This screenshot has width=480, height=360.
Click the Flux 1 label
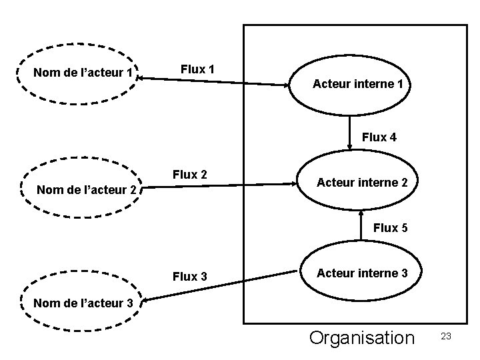pyautogui.click(x=197, y=69)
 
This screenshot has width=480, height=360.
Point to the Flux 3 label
pyautogui.click(x=189, y=276)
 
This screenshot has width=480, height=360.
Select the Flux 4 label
pyautogui.click(x=379, y=137)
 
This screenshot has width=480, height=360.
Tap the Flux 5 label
pyautogui.click(x=389, y=228)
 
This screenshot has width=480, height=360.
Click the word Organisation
pyautogui.click(x=361, y=338)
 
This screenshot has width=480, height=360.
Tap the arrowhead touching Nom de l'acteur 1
pyautogui.click(x=143, y=78)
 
